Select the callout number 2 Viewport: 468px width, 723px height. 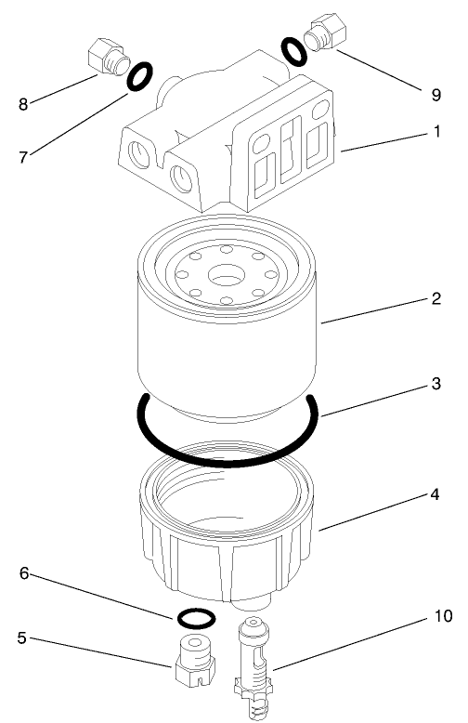[x=435, y=299]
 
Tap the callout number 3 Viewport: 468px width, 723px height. [x=435, y=384]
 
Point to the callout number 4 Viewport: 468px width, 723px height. [x=435, y=495]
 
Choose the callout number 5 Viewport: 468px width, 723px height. [x=21, y=638]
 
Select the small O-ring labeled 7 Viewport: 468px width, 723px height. [x=138, y=77]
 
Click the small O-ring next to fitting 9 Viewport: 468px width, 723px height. [x=292, y=51]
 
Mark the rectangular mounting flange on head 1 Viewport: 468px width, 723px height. [x=288, y=158]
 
